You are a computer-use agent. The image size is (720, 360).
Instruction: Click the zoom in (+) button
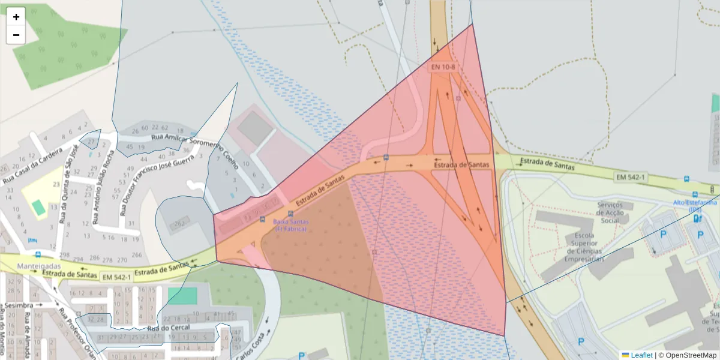(x=16, y=17)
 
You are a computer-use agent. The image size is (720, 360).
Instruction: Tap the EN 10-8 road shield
(x=443, y=67)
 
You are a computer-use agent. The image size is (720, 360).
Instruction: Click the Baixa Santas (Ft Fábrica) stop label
(x=291, y=225)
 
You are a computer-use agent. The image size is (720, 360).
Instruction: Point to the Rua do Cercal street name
(x=168, y=328)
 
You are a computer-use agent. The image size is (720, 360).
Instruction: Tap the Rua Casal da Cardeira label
(x=33, y=165)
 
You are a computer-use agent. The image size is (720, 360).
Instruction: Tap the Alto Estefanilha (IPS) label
(x=695, y=206)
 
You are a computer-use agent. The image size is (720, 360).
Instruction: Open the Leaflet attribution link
(x=641, y=355)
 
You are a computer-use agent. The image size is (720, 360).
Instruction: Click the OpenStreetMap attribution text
(x=690, y=355)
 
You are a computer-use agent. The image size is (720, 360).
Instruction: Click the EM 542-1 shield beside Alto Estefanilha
(x=630, y=177)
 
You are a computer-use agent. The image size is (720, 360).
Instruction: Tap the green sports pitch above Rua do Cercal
(x=182, y=296)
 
